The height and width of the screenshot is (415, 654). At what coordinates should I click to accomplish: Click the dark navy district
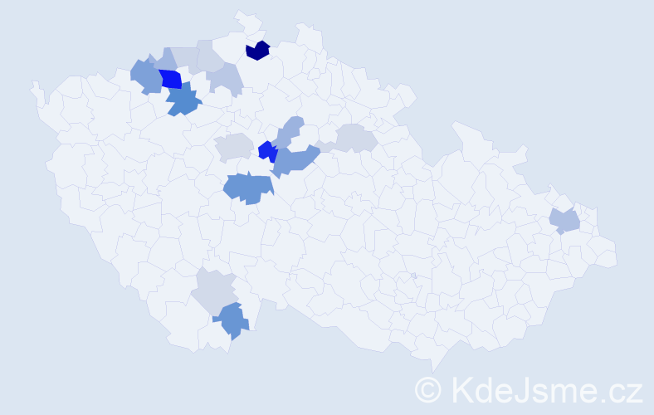(257, 51)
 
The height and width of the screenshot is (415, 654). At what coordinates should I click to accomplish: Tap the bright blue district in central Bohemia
(266, 151)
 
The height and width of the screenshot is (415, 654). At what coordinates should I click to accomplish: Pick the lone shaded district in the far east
(565, 221)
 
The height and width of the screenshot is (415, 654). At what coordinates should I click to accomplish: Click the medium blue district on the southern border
(232, 320)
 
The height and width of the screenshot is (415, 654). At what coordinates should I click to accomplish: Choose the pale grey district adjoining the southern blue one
(213, 290)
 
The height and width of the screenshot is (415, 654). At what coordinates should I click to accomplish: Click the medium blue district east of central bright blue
(295, 159)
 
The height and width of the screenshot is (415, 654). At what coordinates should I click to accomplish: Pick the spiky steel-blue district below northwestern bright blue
(183, 100)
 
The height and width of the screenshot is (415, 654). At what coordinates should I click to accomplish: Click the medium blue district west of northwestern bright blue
(146, 76)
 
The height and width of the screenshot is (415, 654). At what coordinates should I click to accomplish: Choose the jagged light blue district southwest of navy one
(225, 79)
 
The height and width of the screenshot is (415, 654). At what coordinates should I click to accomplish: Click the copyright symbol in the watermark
(428, 389)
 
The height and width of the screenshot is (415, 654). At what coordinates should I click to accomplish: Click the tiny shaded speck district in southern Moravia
(413, 276)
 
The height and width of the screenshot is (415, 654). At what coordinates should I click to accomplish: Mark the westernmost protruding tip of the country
(34, 85)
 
